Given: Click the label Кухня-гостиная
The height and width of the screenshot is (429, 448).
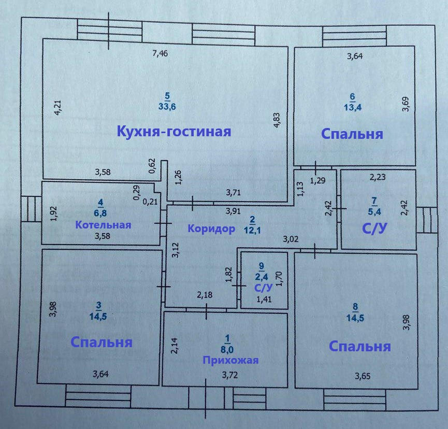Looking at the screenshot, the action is (x=174, y=131).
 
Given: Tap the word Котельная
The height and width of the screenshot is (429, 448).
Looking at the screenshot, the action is (x=103, y=225).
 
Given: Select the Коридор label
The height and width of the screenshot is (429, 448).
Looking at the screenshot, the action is (x=211, y=228).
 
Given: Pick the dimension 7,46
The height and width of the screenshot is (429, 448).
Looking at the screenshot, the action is (x=160, y=52).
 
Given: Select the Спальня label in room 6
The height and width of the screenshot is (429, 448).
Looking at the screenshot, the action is (x=352, y=134).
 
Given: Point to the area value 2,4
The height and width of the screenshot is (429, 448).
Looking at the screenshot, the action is (x=261, y=277).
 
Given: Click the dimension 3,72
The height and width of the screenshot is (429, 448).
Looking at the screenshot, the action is (x=230, y=374).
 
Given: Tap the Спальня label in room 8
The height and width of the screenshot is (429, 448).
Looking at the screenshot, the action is (x=359, y=347).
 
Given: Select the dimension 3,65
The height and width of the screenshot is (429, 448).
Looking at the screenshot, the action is (x=363, y=375).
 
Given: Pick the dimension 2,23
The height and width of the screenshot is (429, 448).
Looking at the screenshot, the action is (x=377, y=177).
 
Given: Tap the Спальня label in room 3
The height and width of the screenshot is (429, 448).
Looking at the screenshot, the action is (x=102, y=342).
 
